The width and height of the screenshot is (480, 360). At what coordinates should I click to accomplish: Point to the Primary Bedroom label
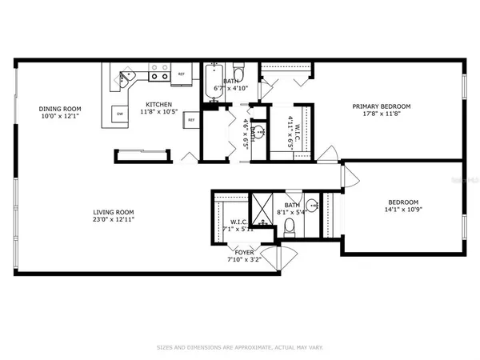pyautogui.click(x=383, y=106)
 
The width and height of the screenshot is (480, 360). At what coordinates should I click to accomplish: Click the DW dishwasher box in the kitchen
pyautogui.click(x=120, y=114)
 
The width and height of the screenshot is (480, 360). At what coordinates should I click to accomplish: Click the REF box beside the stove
pyautogui.click(x=182, y=74)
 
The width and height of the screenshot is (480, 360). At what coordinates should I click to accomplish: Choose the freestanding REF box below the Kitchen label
pyautogui.click(x=191, y=120)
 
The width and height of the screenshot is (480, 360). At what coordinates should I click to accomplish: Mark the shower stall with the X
pyautogui.click(x=261, y=207)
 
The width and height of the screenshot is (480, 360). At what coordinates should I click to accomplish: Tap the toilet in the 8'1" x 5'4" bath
pyautogui.click(x=290, y=229)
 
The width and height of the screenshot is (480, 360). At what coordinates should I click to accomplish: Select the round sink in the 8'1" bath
pyautogui.click(x=314, y=206)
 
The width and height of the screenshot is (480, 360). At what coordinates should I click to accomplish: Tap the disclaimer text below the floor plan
pyautogui.click(x=239, y=348)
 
